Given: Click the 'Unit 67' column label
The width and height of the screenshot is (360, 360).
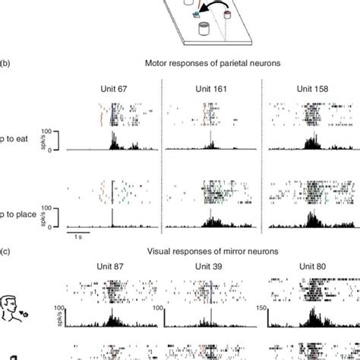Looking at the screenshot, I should [x=113, y=90].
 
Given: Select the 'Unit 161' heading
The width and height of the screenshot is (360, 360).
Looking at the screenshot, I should [x=210, y=90].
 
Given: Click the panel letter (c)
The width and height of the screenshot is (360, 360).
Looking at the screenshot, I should [x=5, y=251].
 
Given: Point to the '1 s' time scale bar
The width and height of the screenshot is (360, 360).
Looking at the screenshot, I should [x=78, y=235].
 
